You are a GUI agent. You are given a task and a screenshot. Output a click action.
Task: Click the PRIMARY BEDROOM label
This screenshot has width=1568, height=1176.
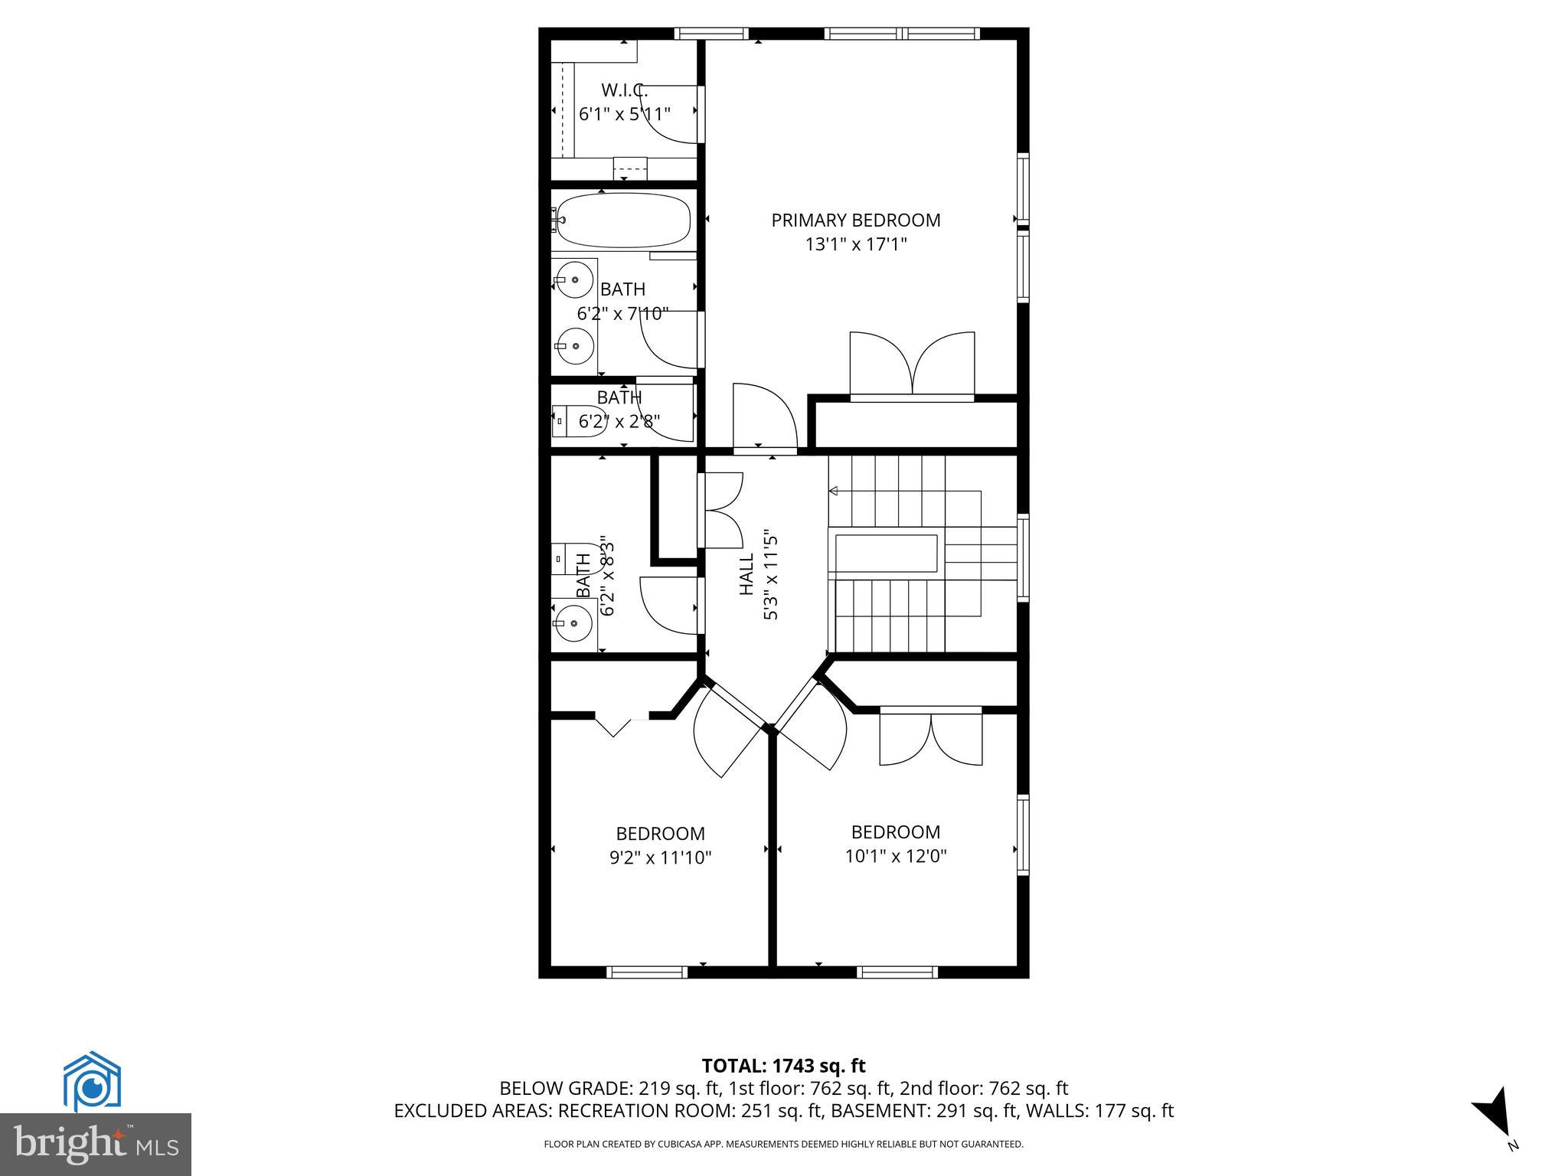pyautogui.click(x=855, y=220)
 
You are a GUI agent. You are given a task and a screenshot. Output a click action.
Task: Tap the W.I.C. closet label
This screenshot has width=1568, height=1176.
pyautogui.click(x=624, y=90)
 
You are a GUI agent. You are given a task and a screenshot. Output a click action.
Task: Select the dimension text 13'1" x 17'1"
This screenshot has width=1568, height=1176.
pyautogui.click(x=855, y=245)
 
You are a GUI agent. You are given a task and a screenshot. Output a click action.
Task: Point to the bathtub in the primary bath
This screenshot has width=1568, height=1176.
pyautogui.click(x=623, y=220)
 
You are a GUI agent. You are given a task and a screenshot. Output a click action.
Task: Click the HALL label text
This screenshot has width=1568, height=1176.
pyautogui.click(x=746, y=576)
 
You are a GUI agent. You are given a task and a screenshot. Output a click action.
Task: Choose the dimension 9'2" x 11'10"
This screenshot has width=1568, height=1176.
pyautogui.click(x=660, y=858)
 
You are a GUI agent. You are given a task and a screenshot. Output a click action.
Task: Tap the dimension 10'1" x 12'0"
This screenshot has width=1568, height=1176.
pyautogui.click(x=895, y=856)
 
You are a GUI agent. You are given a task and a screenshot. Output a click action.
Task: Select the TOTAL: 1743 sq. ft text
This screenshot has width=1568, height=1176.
pyautogui.click(x=783, y=1066)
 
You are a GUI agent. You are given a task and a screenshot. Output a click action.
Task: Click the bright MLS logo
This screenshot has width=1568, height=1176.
pyautogui.click(x=96, y=1144)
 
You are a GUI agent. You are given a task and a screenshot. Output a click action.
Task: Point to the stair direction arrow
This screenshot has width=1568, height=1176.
pyautogui.click(x=834, y=491)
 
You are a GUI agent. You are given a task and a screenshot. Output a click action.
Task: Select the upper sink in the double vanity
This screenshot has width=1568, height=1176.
pyautogui.click(x=574, y=280)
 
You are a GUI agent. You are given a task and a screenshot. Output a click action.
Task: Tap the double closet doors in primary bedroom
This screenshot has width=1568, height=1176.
pyautogui.click(x=912, y=364)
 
